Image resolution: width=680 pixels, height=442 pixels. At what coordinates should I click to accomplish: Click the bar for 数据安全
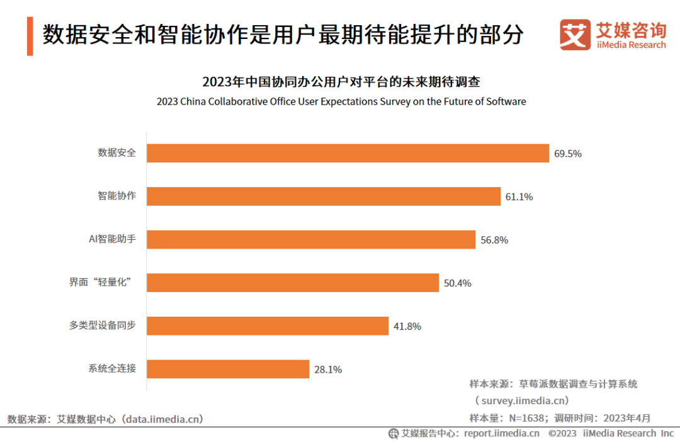coord(348,153)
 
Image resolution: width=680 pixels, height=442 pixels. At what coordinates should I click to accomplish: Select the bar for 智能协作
coord(324,196)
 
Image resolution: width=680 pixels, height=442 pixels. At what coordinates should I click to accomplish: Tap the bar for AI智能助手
coord(311,240)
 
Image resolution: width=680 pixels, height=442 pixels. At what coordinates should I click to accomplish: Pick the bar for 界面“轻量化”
coord(293,283)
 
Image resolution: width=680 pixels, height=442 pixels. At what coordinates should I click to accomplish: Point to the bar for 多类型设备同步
coord(268,326)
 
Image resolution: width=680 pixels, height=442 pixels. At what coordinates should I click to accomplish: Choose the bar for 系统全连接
coord(228,369)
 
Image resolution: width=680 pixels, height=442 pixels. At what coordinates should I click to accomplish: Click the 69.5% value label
coord(567,154)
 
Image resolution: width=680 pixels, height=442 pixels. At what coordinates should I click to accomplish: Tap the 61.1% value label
coord(519,197)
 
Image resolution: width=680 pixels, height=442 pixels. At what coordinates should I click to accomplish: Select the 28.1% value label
coord(327,370)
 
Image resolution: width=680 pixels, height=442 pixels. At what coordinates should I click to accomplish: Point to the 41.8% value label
coord(407,327)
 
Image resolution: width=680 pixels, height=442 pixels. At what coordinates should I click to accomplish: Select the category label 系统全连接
coord(112,368)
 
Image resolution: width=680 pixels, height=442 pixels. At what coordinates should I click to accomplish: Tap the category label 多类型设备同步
coord(103,326)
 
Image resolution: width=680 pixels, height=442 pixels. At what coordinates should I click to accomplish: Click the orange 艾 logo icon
coord(575,35)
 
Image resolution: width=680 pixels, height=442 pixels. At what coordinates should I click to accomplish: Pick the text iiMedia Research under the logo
coord(631,45)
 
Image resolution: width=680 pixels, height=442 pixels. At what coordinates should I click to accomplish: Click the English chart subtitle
coord(341,101)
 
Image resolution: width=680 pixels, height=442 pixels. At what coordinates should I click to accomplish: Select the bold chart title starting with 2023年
coord(341,82)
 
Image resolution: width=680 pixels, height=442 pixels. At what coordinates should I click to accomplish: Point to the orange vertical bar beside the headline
coord(30,36)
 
